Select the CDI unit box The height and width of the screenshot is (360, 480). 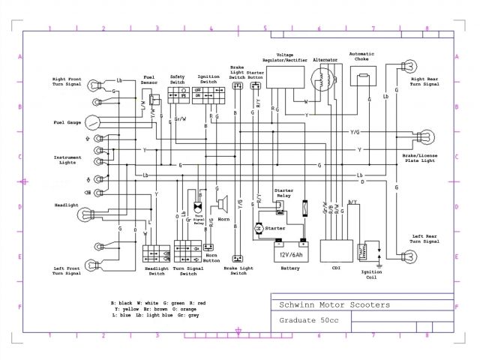(337, 250)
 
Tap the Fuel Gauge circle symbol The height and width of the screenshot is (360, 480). (91, 122)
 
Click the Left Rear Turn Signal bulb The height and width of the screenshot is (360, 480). (410, 255)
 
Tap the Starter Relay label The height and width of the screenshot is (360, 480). (283, 191)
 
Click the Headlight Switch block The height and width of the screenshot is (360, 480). (155, 252)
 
